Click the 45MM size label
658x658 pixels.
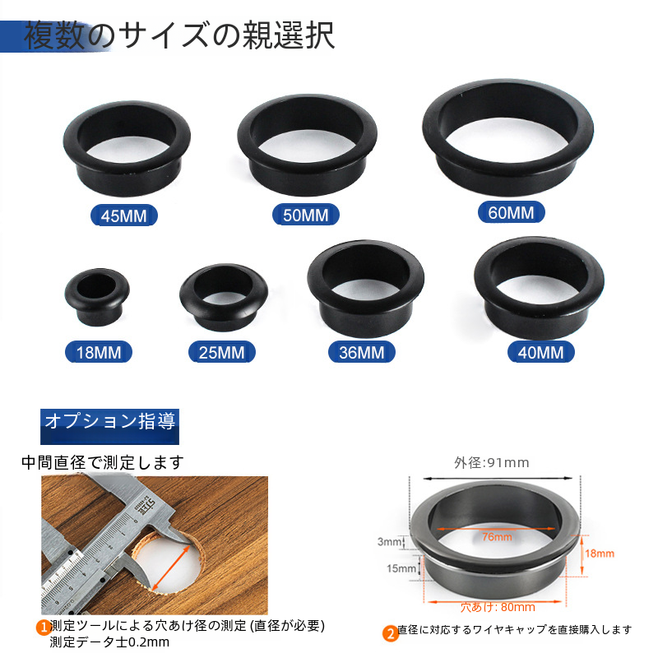tap(124, 215)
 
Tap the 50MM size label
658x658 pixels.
tap(305, 215)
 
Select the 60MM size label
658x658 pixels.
tap(511, 212)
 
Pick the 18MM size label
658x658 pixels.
tap(99, 352)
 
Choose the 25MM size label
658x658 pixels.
tap(221, 352)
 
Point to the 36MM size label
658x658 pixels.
tap(361, 352)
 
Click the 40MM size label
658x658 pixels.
tap(540, 352)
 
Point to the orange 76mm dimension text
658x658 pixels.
tap(497, 537)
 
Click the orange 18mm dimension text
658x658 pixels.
tap(600, 554)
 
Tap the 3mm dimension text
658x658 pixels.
tap(389, 542)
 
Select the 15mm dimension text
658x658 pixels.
tap(401, 568)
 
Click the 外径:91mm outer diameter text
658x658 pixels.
tap(491, 462)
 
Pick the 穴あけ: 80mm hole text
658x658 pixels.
tap(498, 607)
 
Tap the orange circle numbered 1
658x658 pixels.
tap(44, 628)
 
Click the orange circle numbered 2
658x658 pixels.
tap(390, 633)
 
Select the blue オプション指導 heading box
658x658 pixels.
tap(109, 426)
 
